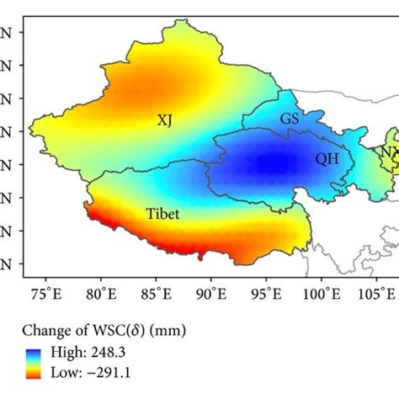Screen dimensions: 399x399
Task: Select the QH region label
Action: tap(326, 157)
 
